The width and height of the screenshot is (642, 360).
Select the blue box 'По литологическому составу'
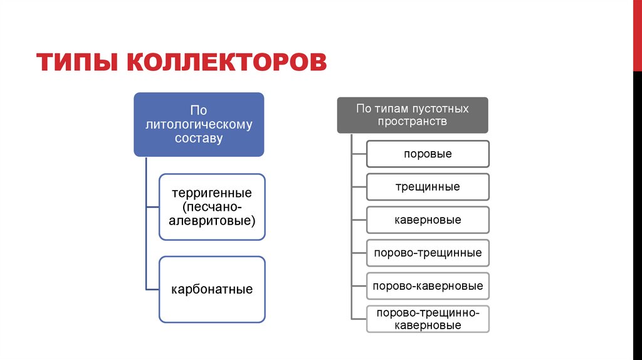coord(199,124)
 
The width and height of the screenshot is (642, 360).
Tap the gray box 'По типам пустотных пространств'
coord(413,115)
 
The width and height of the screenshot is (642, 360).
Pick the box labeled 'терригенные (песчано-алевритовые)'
coord(212,207)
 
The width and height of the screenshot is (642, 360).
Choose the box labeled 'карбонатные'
coord(212,289)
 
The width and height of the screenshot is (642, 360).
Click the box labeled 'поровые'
coord(428,154)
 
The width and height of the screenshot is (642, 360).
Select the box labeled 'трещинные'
coord(428,187)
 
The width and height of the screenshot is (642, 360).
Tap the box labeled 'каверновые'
coord(428,220)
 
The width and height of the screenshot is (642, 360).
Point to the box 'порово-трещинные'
coord(428,253)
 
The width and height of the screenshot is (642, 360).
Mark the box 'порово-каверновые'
coord(428,286)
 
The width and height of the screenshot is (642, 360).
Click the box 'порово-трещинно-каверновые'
coord(428,319)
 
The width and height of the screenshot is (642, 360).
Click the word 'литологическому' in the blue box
coord(199,124)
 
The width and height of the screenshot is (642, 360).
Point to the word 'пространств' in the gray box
coord(413,122)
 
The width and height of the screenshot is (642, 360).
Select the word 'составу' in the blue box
coord(199,138)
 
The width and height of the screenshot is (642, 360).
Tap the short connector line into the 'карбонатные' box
coord(152,289)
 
